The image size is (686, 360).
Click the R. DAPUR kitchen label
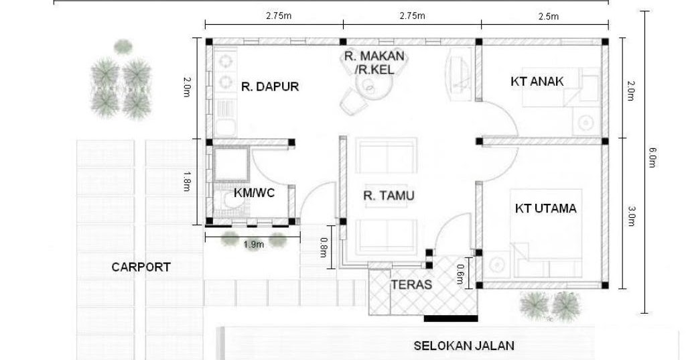[x=270, y=86]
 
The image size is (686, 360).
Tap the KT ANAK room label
[x=537, y=82]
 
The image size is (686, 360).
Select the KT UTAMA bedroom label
[x=545, y=208]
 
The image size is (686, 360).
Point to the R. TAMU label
[x=389, y=195]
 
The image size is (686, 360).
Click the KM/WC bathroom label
[x=254, y=192]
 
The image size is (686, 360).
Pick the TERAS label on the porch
[x=411, y=285]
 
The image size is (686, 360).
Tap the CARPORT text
[x=141, y=267]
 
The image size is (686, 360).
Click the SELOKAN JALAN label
[x=464, y=346]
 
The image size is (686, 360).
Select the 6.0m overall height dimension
[x=652, y=158]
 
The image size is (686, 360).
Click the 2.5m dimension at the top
[x=548, y=16]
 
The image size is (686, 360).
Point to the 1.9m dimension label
[x=253, y=245]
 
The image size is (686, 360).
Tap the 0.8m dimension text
[x=324, y=247]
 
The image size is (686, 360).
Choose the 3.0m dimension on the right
[x=630, y=216]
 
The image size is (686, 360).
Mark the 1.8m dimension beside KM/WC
[x=186, y=181]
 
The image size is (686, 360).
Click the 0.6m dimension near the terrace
[x=460, y=274]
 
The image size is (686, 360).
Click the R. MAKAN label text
[x=374, y=56]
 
